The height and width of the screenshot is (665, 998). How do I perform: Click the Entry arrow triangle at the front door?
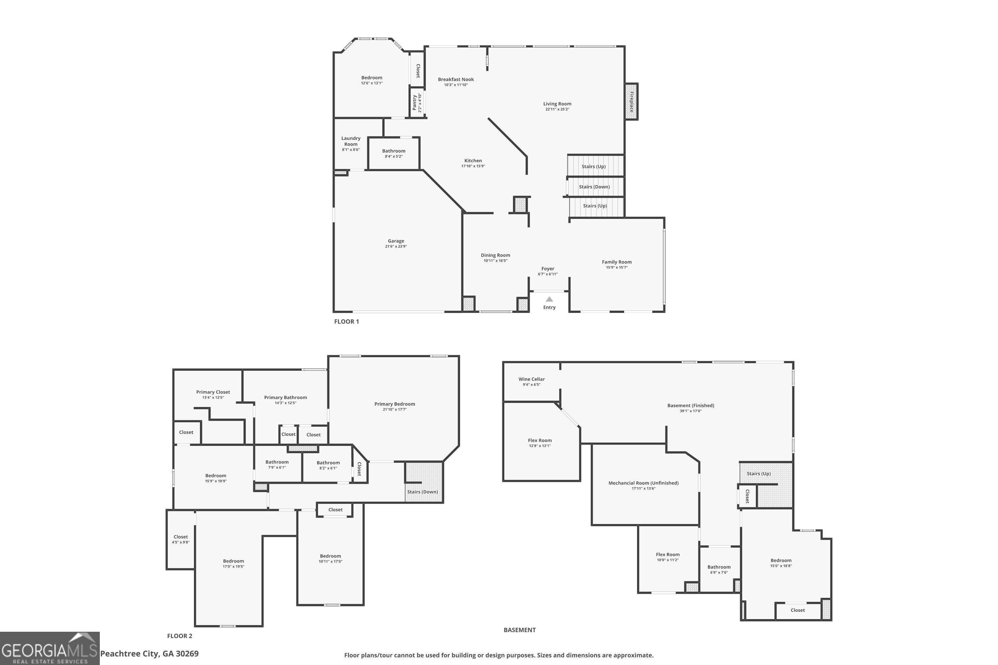point(549,299)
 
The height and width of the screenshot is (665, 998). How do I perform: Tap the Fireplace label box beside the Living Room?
point(631,102)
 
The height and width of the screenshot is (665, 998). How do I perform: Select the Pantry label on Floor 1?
point(415,103)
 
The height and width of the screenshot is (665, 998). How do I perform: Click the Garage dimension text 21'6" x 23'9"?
point(396,246)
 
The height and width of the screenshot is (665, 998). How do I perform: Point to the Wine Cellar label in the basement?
point(531,379)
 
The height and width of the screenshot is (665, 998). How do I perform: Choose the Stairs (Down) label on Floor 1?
point(594,187)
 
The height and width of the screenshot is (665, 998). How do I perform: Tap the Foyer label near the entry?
point(547,268)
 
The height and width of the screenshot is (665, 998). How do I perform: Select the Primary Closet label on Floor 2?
point(213,392)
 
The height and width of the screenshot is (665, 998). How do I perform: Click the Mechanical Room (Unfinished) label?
point(643,483)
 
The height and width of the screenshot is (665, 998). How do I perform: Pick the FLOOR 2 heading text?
point(180,636)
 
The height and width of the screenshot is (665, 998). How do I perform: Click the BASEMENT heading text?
point(519,630)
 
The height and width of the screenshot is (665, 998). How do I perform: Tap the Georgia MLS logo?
point(50,648)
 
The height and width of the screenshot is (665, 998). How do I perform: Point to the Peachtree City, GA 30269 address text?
point(149,654)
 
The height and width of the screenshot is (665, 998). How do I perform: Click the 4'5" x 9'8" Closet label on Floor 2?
point(180,539)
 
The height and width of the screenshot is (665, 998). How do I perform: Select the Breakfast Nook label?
point(456,79)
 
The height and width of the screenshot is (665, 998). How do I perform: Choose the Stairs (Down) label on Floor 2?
point(422,491)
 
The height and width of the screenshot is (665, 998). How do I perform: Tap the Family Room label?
point(616,262)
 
